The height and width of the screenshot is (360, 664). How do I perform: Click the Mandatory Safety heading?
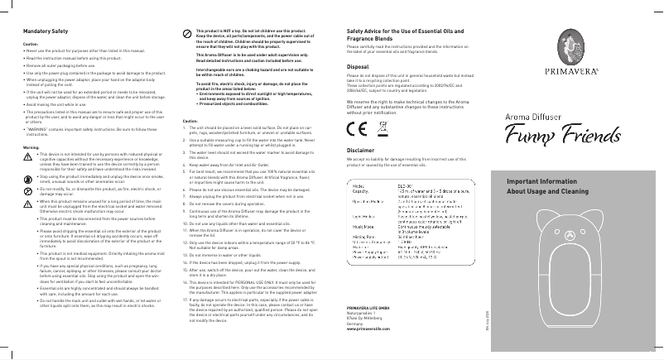tap(36, 31)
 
